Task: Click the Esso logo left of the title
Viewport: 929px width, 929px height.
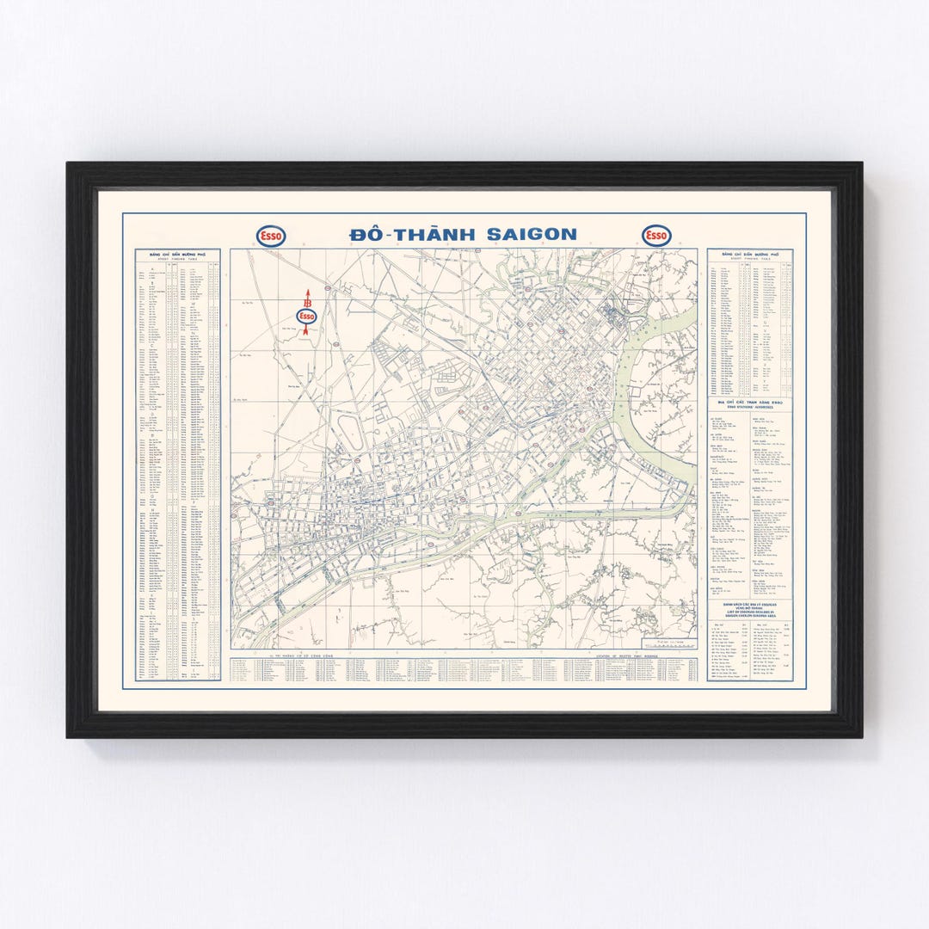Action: pyautogui.click(x=272, y=236)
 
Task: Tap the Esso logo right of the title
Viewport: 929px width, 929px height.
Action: pyautogui.click(x=656, y=236)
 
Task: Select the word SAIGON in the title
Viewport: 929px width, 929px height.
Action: pyautogui.click(x=531, y=234)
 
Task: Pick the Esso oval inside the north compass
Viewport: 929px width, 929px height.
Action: pyautogui.click(x=306, y=316)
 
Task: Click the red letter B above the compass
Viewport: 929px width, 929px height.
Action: pyautogui.click(x=306, y=301)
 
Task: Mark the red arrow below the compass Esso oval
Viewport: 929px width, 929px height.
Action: pyautogui.click(x=306, y=329)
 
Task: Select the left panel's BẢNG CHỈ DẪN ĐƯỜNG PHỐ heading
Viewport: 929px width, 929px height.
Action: pyautogui.click(x=178, y=255)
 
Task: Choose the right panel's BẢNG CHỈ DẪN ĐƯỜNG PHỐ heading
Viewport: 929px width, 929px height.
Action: pyautogui.click(x=750, y=255)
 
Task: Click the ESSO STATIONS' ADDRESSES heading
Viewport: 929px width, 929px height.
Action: pyautogui.click(x=750, y=405)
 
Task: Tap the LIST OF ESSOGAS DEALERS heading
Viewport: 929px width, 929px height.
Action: pyautogui.click(x=750, y=612)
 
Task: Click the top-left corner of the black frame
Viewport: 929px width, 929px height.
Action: pyautogui.click(x=69, y=164)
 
